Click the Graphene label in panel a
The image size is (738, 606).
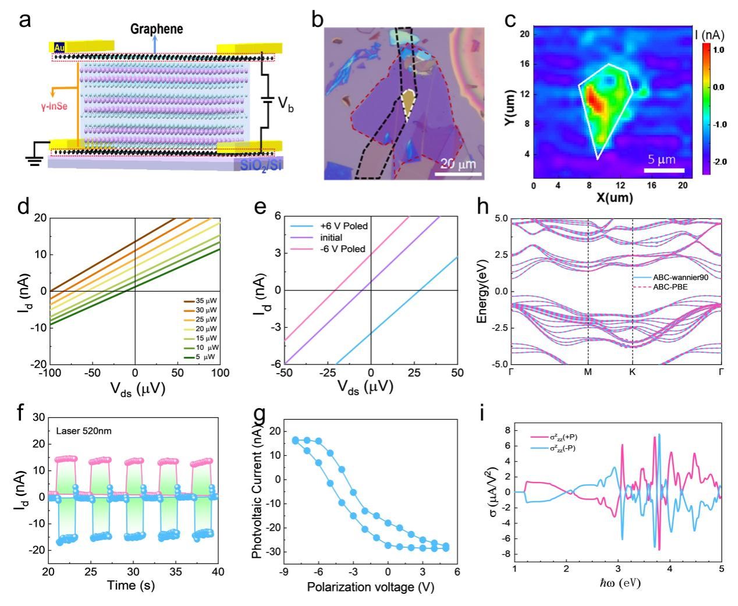click(157, 29)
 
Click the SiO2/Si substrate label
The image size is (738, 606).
click(258, 165)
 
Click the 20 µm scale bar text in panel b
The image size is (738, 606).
click(458, 164)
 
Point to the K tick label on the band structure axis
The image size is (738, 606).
click(632, 371)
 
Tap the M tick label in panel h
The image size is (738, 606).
click(588, 371)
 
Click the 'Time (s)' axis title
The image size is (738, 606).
click(131, 585)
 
